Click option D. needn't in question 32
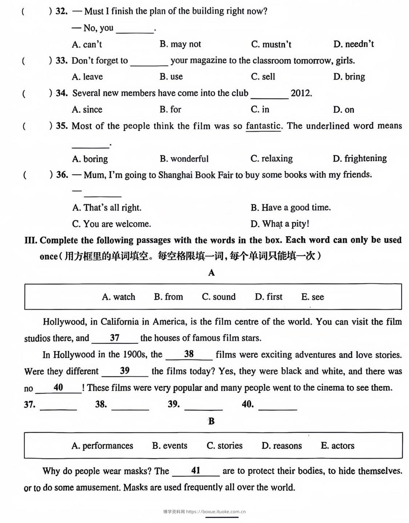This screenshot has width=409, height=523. [x=353, y=44]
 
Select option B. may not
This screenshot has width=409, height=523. [x=180, y=44]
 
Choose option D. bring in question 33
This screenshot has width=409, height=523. [x=349, y=77]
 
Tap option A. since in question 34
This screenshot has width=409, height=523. [x=87, y=109]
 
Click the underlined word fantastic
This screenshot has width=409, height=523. [x=263, y=126]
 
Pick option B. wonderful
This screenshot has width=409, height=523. [x=184, y=159]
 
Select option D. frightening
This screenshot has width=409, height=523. [x=360, y=159]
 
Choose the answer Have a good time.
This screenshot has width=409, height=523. [x=290, y=208]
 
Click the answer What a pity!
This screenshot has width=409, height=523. [x=280, y=224]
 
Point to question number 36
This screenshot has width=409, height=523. [x=62, y=175]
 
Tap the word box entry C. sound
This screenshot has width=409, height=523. [x=219, y=297]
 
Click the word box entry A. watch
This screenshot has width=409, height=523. [x=119, y=297]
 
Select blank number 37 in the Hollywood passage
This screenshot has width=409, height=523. [x=115, y=338]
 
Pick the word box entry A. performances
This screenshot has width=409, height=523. [x=102, y=446]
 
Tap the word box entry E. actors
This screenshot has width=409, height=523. [x=337, y=446]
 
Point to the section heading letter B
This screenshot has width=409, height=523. [x=211, y=421]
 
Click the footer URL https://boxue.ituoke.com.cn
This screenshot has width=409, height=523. [x=216, y=512]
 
